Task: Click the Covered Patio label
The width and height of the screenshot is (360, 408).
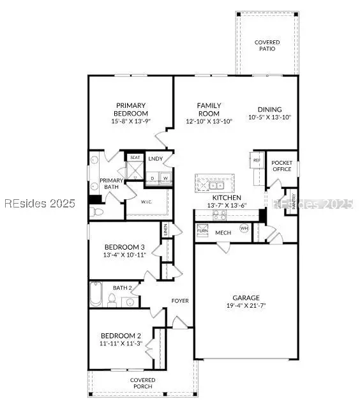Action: pos(267,45)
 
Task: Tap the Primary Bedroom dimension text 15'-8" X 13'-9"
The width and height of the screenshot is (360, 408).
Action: pos(130,121)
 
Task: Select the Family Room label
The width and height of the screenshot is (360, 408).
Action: pos(209,109)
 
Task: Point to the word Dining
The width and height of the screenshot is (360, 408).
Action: pos(269,109)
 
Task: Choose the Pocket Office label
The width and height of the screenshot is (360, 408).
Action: pos(281,165)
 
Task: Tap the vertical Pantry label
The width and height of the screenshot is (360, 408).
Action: pos(293,201)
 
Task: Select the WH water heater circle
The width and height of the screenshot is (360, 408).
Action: pos(244,228)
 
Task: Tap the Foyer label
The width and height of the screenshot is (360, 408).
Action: pos(179,300)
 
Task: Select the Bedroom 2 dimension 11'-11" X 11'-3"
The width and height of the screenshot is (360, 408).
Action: pos(120,344)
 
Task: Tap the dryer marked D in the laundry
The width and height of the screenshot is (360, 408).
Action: pos(153,178)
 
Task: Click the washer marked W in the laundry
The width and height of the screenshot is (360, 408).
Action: pos(165,178)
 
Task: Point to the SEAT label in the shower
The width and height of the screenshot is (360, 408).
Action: pos(135,157)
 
